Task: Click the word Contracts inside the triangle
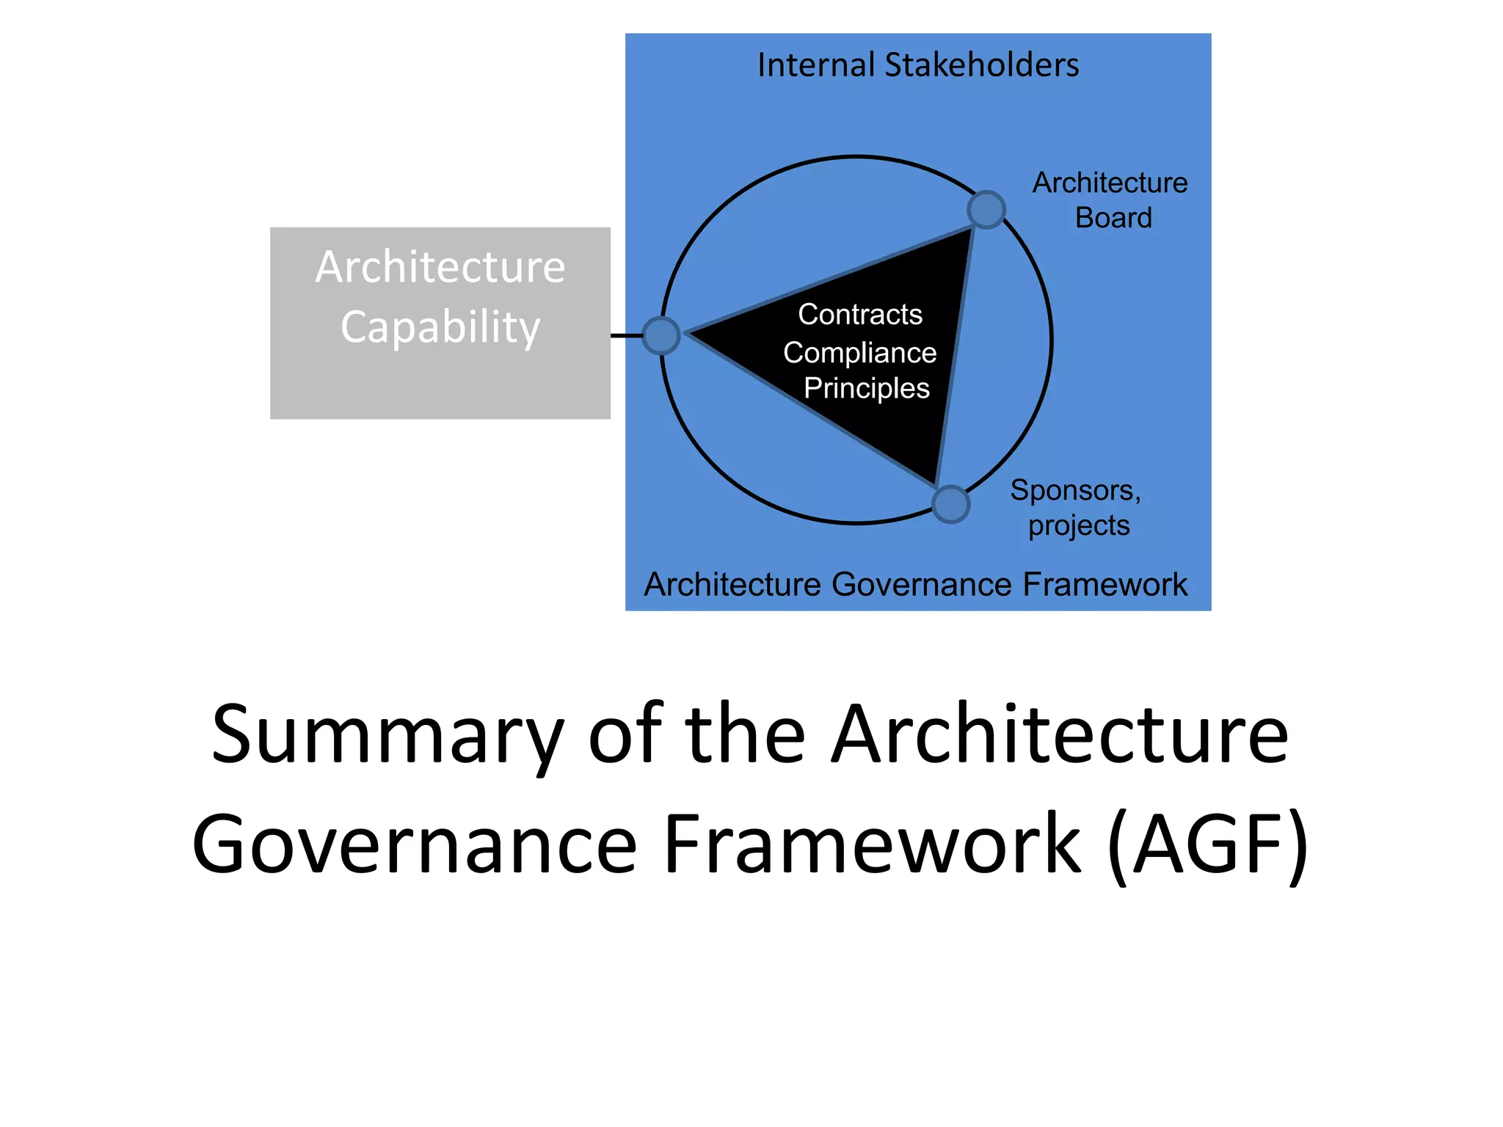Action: coord(859,314)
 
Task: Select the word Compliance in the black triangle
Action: coord(859,353)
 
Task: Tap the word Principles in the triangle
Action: coord(866,388)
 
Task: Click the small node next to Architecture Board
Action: coord(986,210)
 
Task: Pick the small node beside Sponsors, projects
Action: coord(950,504)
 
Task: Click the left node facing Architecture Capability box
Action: coord(661,335)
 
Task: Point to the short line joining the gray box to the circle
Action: coord(626,335)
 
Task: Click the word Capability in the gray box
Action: coord(440,327)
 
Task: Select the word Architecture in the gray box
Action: coord(440,266)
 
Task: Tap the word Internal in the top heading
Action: coord(816,65)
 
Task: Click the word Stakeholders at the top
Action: coord(982,65)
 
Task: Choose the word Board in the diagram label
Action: coord(1113,218)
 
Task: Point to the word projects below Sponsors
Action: coord(1078,525)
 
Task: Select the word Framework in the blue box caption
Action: coord(1104,585)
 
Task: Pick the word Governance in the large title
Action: coord(415,845)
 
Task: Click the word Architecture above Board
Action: coord(1110,183)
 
